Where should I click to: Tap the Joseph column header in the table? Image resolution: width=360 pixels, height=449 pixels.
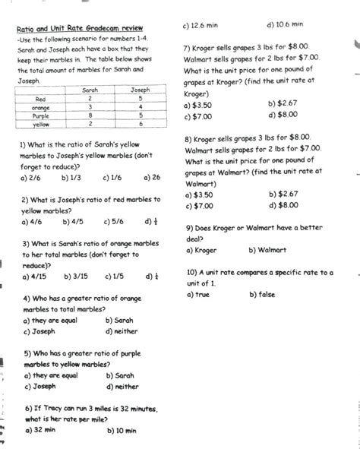point(141,90)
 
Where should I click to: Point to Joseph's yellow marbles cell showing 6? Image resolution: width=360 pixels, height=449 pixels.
point(141,123)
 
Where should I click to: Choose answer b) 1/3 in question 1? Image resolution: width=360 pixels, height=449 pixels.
point(71,177)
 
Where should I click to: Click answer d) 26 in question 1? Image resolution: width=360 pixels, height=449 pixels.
point(151,177)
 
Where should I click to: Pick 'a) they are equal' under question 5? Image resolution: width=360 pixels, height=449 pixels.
point(51,375)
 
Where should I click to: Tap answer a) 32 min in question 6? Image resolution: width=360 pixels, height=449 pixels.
point(40,430)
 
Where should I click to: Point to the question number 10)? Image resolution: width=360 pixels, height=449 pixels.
point(191,272)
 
